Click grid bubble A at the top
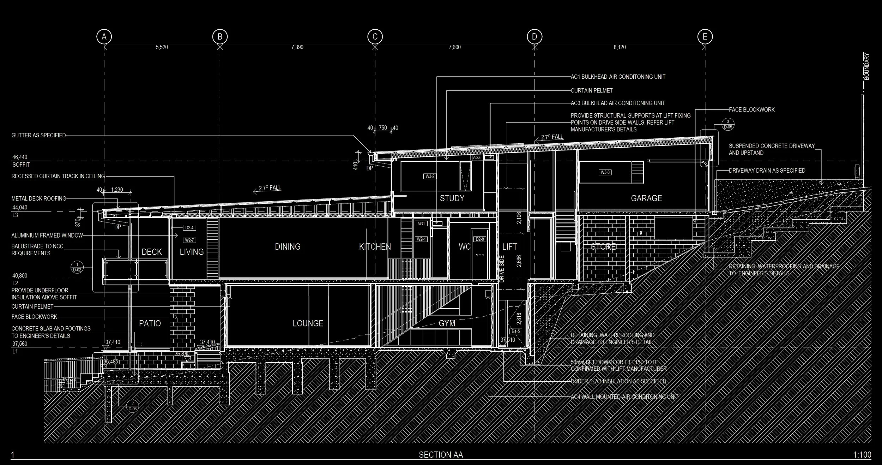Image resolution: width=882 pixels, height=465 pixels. coord(104,37)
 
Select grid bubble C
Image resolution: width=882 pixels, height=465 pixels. coord(375,37)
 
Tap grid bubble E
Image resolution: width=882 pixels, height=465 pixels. coord(705,37)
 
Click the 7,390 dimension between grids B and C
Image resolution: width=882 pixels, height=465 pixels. coord(297,47)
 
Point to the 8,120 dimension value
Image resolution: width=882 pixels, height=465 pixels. coord(620,47)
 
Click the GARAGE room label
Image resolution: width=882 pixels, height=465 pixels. coord(646,198)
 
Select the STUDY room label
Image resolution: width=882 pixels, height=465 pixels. coord(452,198)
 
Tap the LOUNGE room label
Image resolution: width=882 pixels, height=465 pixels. coord(308,323)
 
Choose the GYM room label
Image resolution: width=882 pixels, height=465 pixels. coord(447,323)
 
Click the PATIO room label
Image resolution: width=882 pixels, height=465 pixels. coord(150,323)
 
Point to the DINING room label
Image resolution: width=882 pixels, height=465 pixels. coord(288,247)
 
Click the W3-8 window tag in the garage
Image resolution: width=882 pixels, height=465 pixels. coord(605,173)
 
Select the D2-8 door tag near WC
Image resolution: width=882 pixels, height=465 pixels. coord(480,239)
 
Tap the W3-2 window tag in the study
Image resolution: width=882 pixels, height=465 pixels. coord(430,176)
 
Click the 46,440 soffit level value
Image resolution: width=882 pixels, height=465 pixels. coord(20,157)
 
